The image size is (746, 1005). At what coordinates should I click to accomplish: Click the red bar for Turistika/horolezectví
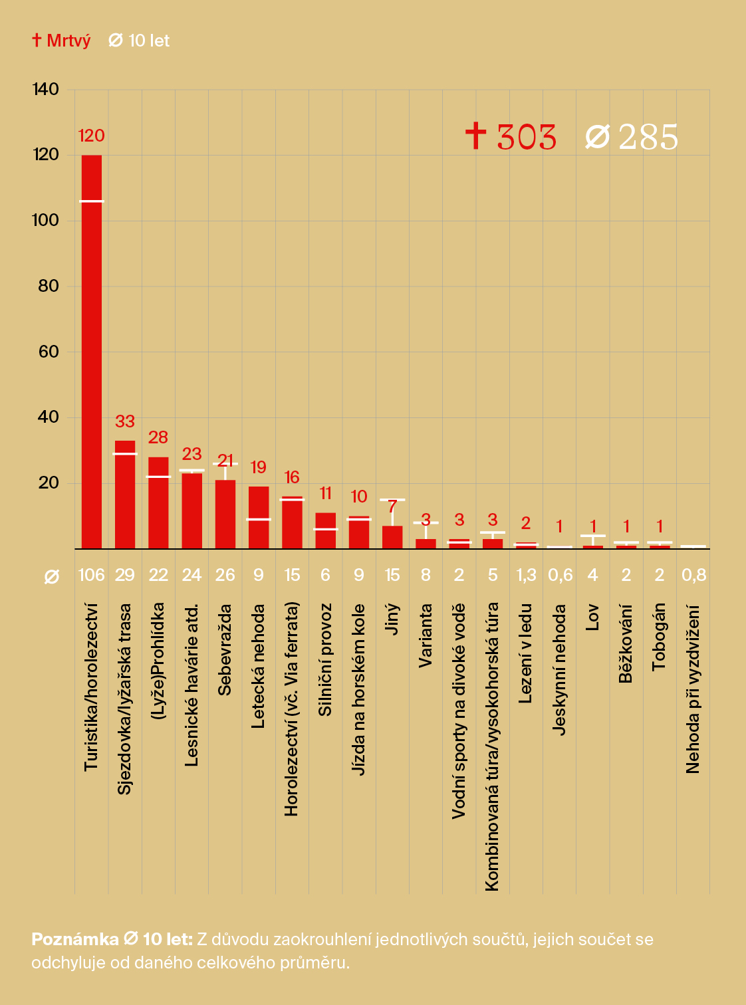coord(92,352)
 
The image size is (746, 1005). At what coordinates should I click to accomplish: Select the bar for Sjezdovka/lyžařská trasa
coord(125,495)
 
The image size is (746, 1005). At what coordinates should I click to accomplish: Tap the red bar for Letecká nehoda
coord(259,518)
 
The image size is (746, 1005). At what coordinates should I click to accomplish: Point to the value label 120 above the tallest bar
coord(92,136)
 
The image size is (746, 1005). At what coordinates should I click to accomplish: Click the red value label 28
coord(158,437)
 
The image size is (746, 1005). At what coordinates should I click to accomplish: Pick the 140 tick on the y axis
coord(45,89)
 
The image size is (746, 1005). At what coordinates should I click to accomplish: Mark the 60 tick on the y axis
coord(49,352)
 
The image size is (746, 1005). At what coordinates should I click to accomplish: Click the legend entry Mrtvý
coord(62,41)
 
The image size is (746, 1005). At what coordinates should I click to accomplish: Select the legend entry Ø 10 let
coord(140,41)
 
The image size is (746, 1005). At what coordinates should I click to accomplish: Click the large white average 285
coord(632,137)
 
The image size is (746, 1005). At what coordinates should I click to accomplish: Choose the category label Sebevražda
coord(225,649)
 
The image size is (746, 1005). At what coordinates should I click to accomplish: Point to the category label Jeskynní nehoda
coord(559,669)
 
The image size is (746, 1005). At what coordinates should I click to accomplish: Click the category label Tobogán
coord(659,636)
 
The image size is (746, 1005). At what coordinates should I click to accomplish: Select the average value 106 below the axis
coord(92,575)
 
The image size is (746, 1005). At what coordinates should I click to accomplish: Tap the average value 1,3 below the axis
coord(526,575)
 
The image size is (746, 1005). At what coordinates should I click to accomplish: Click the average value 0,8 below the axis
coord(693,575)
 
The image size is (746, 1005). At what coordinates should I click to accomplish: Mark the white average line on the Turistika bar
coord(92,201)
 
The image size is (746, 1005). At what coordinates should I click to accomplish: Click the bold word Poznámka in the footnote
coord(75,939)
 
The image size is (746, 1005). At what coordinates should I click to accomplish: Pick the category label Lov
coord(592,617)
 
